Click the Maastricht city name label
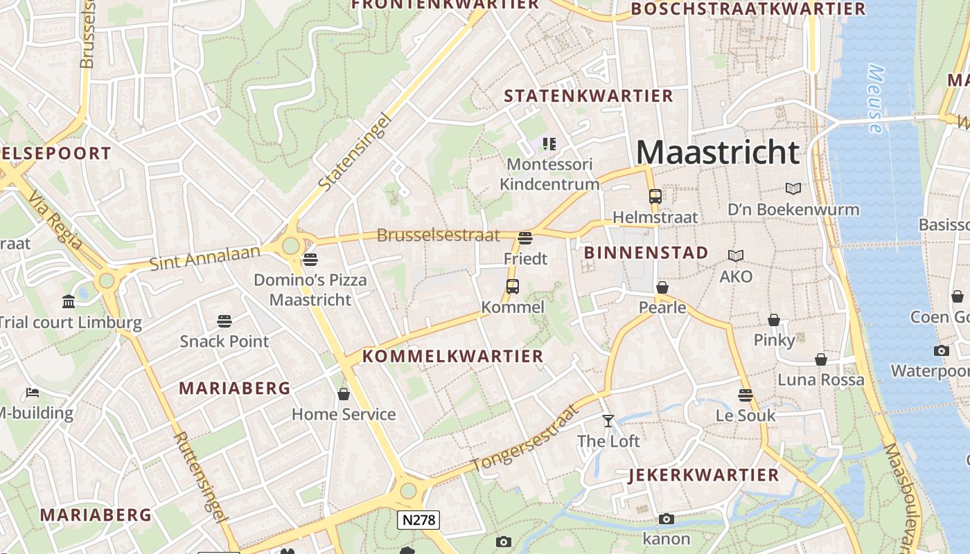[x=718, y=152]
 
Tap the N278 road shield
[x=418, y=519]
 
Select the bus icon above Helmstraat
[x=655, y=196]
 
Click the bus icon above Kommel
[x=513, y=286]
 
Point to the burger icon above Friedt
[x=525, y=238]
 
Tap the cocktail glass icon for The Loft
[x=608, y=420]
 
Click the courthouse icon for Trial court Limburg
[x=69, y=302]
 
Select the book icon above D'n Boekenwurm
[x=793, y=188]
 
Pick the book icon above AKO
[x=736, y=256]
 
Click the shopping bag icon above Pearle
[x=662, y=287]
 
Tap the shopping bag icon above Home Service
[x=344, y=394]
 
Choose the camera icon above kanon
[x=667, y=519]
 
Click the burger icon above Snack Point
[x=224, y=321]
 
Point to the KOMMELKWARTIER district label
[x=453, y=357]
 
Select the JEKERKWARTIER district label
[x=704, y=475]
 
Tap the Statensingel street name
[x=355, y=152]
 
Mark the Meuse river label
[x=876, y=99]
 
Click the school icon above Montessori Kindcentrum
[x=549, y=144]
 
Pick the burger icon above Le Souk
[x=746, y=395]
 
